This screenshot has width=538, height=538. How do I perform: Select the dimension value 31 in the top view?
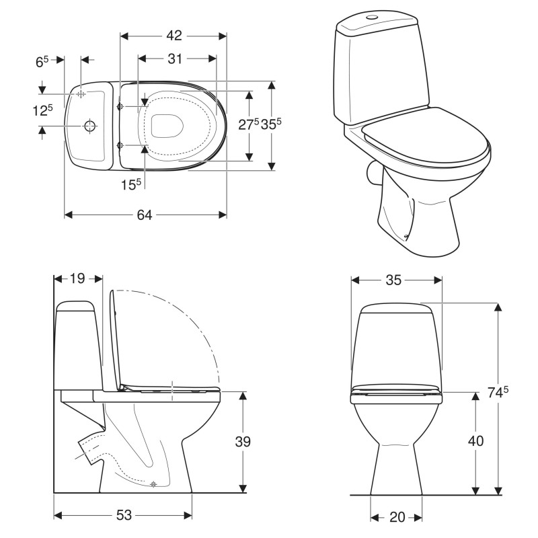point(176,59)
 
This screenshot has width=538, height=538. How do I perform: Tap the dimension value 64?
point(145,215)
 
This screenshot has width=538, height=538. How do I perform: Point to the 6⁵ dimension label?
point(42,62)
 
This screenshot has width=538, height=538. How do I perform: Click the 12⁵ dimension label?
point(42,110)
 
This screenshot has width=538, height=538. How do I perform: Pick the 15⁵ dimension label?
point(130,184)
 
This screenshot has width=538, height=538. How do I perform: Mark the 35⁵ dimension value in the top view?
point(271,124)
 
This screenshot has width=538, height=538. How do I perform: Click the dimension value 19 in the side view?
point(78,278)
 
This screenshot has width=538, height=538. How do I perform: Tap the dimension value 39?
point(243,441)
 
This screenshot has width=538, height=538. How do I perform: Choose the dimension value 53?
point(123,515)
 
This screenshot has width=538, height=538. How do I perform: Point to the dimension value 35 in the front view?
point(393,280)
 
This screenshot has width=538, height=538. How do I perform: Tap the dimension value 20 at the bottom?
point(397,516)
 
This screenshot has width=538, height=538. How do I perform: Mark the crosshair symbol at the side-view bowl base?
point(155,484)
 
